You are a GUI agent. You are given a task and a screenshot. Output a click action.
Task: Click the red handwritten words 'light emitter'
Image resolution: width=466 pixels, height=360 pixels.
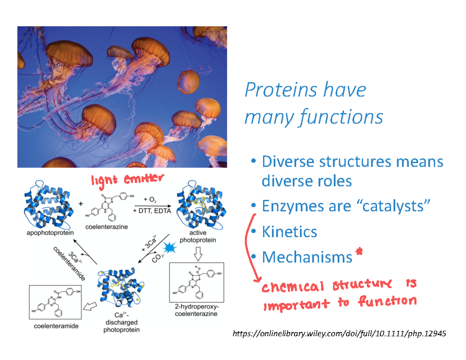click(x=125, y=179)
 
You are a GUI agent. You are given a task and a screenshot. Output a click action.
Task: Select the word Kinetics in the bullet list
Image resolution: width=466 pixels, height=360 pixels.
click(x=289, y=232)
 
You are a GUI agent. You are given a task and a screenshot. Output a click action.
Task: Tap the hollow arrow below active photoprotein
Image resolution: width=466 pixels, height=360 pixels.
click(x=198, y=254)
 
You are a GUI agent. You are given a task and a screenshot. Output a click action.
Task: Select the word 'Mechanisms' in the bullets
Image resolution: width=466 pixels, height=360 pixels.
click(x=306, y=257)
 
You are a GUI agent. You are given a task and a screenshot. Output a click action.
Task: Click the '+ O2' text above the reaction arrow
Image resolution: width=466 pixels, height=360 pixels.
click(x=150, y=200)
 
